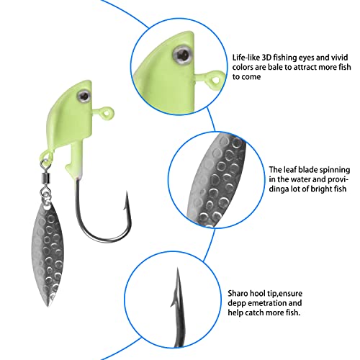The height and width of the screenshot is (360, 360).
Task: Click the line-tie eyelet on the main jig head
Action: [107, 112]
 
